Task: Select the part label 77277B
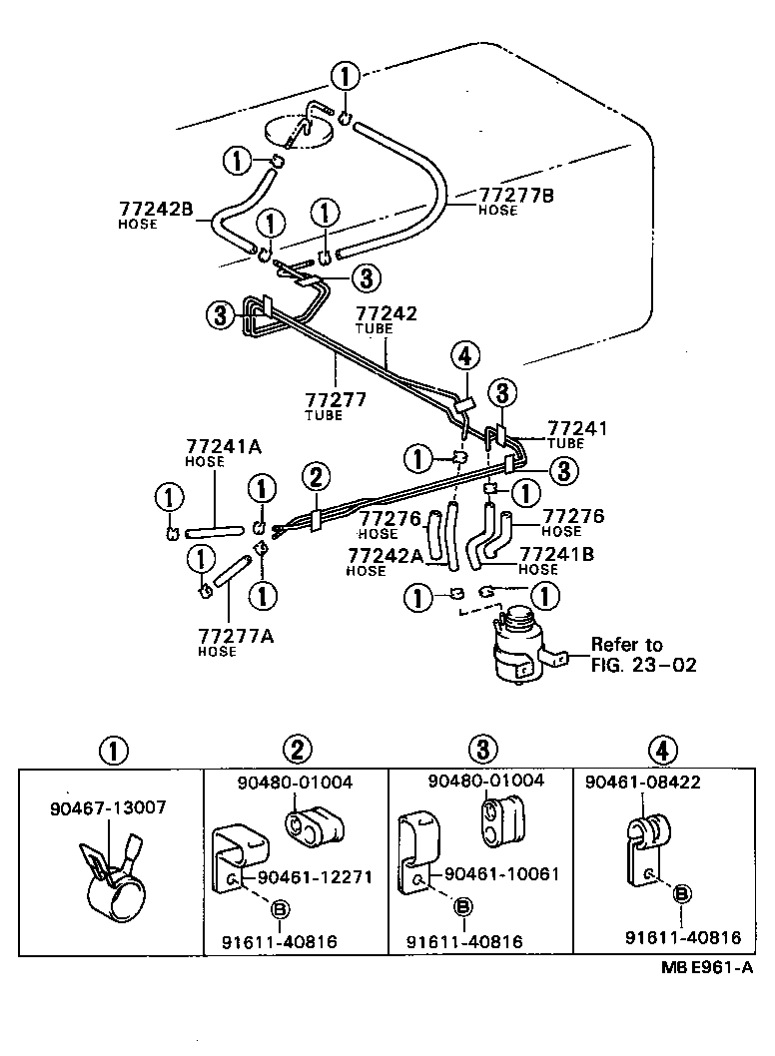click(x=516, y=195)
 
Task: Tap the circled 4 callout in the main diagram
click(x=464, y=354)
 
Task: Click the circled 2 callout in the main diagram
click(x=317, y=478)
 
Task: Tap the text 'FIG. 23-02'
click(x=644, y=665)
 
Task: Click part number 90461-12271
click(x=315, y=877)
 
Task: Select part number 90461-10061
click(x=501, y=874)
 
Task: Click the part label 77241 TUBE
click(x=577, y=434)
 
